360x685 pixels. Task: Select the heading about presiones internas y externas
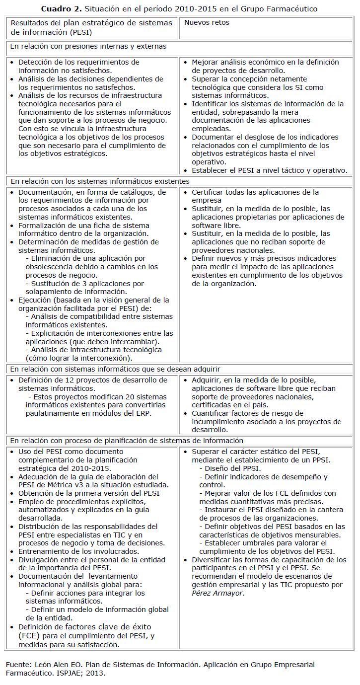point(88,46)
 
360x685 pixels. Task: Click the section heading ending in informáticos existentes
point(100,181)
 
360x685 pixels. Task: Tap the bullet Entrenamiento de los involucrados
point(78,551)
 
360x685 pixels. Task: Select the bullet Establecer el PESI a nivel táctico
point(269,170)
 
